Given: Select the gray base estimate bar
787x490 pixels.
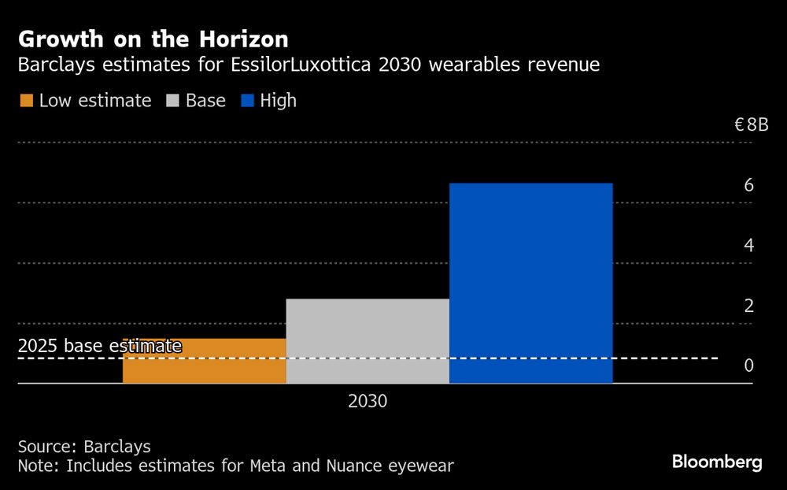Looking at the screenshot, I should click(x=368, y=340).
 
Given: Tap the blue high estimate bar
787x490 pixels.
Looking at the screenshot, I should click(x=530, y=283).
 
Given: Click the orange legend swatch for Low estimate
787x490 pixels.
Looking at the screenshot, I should click(x=26, y=101).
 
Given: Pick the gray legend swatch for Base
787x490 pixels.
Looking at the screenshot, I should click(x=173, y=101).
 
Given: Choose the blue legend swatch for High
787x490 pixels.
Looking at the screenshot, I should click(x=248, y=101).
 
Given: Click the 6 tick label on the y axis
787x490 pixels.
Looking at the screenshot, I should click(x=748, y=185).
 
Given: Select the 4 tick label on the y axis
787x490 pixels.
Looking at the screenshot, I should click(x=748, y=245).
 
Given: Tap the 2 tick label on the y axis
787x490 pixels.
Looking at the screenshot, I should click(x=748, y=306).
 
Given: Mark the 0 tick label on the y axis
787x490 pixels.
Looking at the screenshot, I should click(x=748, y=366).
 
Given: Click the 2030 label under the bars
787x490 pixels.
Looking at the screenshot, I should click(x=368, y=401).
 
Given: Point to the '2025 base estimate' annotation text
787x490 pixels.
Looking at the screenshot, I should click(x=99, y=346).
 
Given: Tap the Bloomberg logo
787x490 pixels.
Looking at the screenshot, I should click(x=717, y=462).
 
